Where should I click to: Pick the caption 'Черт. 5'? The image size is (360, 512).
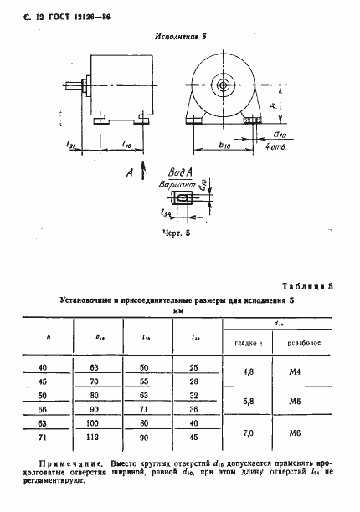coord(178,235)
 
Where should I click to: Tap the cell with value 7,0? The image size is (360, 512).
coord(248,429)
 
